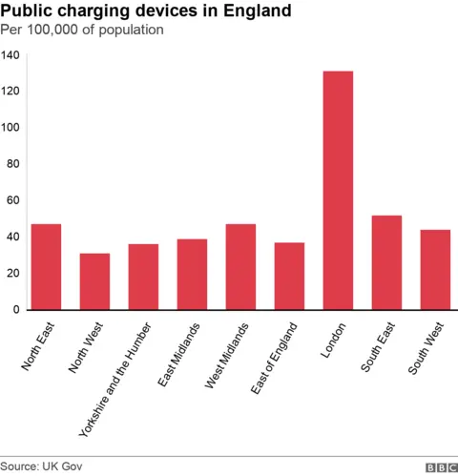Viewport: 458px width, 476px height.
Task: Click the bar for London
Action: [338, 191]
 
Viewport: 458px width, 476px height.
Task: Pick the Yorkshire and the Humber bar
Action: [143, 277]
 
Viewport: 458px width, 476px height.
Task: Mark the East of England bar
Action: [289, 277]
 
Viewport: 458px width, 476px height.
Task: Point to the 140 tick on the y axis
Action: [10, 55]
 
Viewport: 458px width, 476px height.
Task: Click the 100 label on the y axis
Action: [10, 128]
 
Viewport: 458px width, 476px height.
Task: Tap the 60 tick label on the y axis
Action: [13, 200]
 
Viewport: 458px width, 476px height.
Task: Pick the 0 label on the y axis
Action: [16, 310]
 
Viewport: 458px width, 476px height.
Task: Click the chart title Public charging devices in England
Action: [146, 11]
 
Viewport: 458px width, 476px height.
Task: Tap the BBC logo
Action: [441, 466]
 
